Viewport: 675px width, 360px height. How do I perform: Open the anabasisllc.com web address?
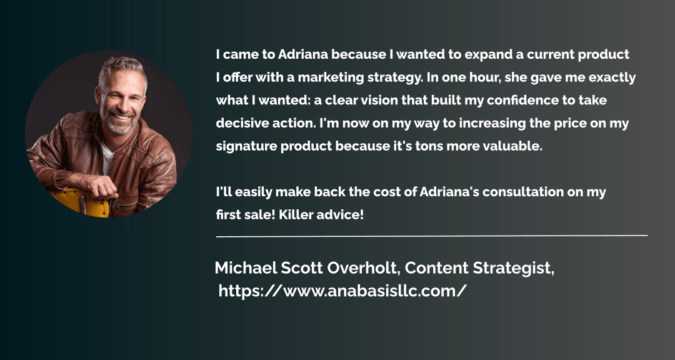pyautogui.click(x=342, y=291)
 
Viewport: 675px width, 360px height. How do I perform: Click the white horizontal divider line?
pyautogui.click(x=432, y=236)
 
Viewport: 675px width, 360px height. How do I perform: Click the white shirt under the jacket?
pyautogui.click(x=107, y=157)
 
